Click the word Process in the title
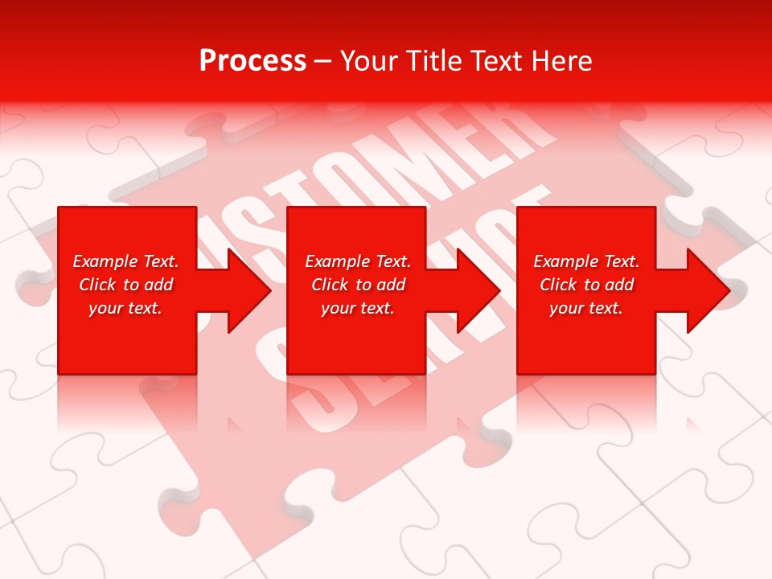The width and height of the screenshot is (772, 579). pyautogui.click(x=253, y=61)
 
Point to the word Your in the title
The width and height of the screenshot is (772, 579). pyautogui.click(x=370, y=61)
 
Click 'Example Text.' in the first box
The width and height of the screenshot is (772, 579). pyautogui.click(x=125, y=261)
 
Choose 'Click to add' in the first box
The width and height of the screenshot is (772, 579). pyautogui.click(x=125, y=285)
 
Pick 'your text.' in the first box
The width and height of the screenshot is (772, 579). pyautogui.click(x=125, y=308)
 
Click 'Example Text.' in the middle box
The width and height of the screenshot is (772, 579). pyautogui.click(x=358, y=261)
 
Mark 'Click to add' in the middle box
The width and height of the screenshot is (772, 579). pyautogui.click(x=358, y=285)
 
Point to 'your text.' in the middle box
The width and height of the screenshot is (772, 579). pyautogui.click(x=358, y=308)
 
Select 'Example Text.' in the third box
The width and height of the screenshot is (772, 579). pyautogui.click(x=586, y=261)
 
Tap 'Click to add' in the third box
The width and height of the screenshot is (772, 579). pyautogui.click(x=586, y=285)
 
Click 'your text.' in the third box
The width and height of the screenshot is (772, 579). pyautogui.click(x=586, y=308)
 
